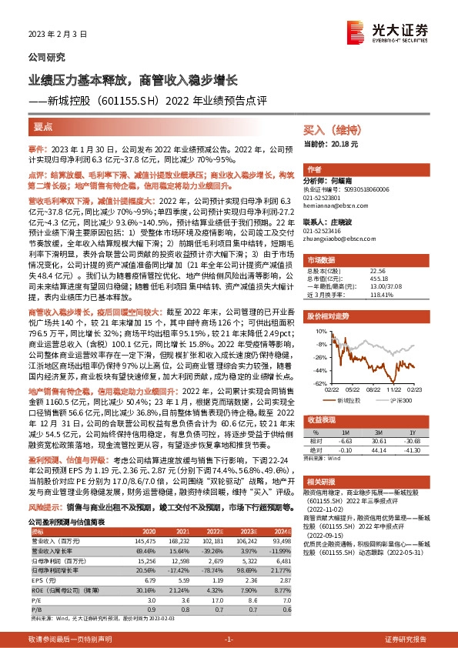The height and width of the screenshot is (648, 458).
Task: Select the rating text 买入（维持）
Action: pyautogui.click(x=329, y=130)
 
